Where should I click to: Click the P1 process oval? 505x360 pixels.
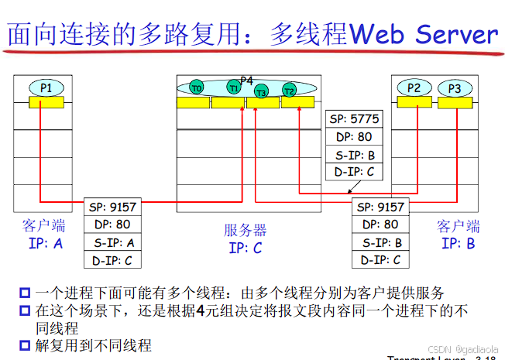[46, 87]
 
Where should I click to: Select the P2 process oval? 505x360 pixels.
[414, 87]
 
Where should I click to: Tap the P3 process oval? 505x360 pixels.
[454, 88]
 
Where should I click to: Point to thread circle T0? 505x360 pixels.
[196, 88]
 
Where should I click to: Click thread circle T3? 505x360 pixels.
[261, 93]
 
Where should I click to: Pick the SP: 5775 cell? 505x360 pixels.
[354, 119]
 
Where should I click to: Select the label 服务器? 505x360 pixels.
[246, 230]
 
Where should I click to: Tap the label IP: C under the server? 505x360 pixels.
[246, 248]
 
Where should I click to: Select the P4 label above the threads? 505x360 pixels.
[246, 81]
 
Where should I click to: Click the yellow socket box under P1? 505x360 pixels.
[46, 102]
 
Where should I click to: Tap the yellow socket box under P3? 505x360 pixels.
[454, 102]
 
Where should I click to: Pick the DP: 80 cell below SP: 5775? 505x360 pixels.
[354, 137]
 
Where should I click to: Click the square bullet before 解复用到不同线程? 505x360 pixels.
[25, 346]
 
